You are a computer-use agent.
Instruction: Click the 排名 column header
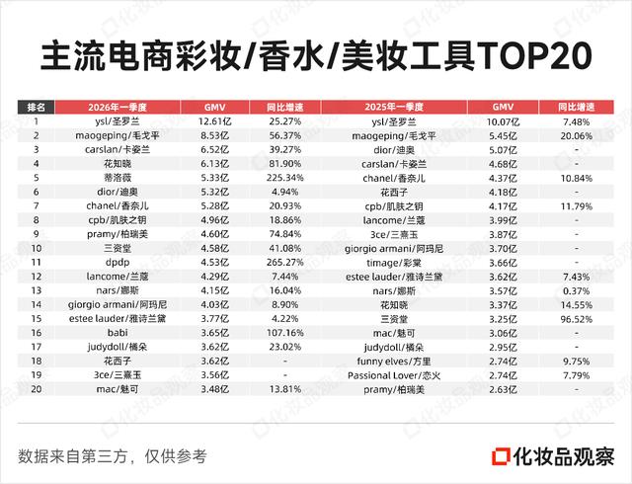(36, 108)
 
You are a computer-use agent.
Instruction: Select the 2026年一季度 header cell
(118, 108)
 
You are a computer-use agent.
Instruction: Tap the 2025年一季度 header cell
(394, 108)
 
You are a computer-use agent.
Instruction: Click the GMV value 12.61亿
(215, 121)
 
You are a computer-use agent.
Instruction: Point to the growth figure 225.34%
(285, 178)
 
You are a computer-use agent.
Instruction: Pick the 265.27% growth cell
(285, 263)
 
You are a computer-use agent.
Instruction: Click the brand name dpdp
(118, 263)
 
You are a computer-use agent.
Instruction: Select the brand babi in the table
(118, 333)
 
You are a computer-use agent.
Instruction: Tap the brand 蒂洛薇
(118, 178)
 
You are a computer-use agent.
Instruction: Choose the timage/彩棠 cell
(394, 263)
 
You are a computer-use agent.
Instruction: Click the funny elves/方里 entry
(394, 362)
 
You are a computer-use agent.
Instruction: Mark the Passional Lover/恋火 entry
(394, 375)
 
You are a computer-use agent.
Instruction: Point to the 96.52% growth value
(576, 319)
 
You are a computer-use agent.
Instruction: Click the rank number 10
(36, 249)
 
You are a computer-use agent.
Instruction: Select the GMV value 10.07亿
(503, 121)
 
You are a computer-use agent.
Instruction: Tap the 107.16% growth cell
(285, 333)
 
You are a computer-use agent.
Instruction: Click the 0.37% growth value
(576, 291)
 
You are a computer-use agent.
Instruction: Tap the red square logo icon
(501, 456)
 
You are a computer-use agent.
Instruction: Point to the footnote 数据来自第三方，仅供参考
(113, 456)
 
